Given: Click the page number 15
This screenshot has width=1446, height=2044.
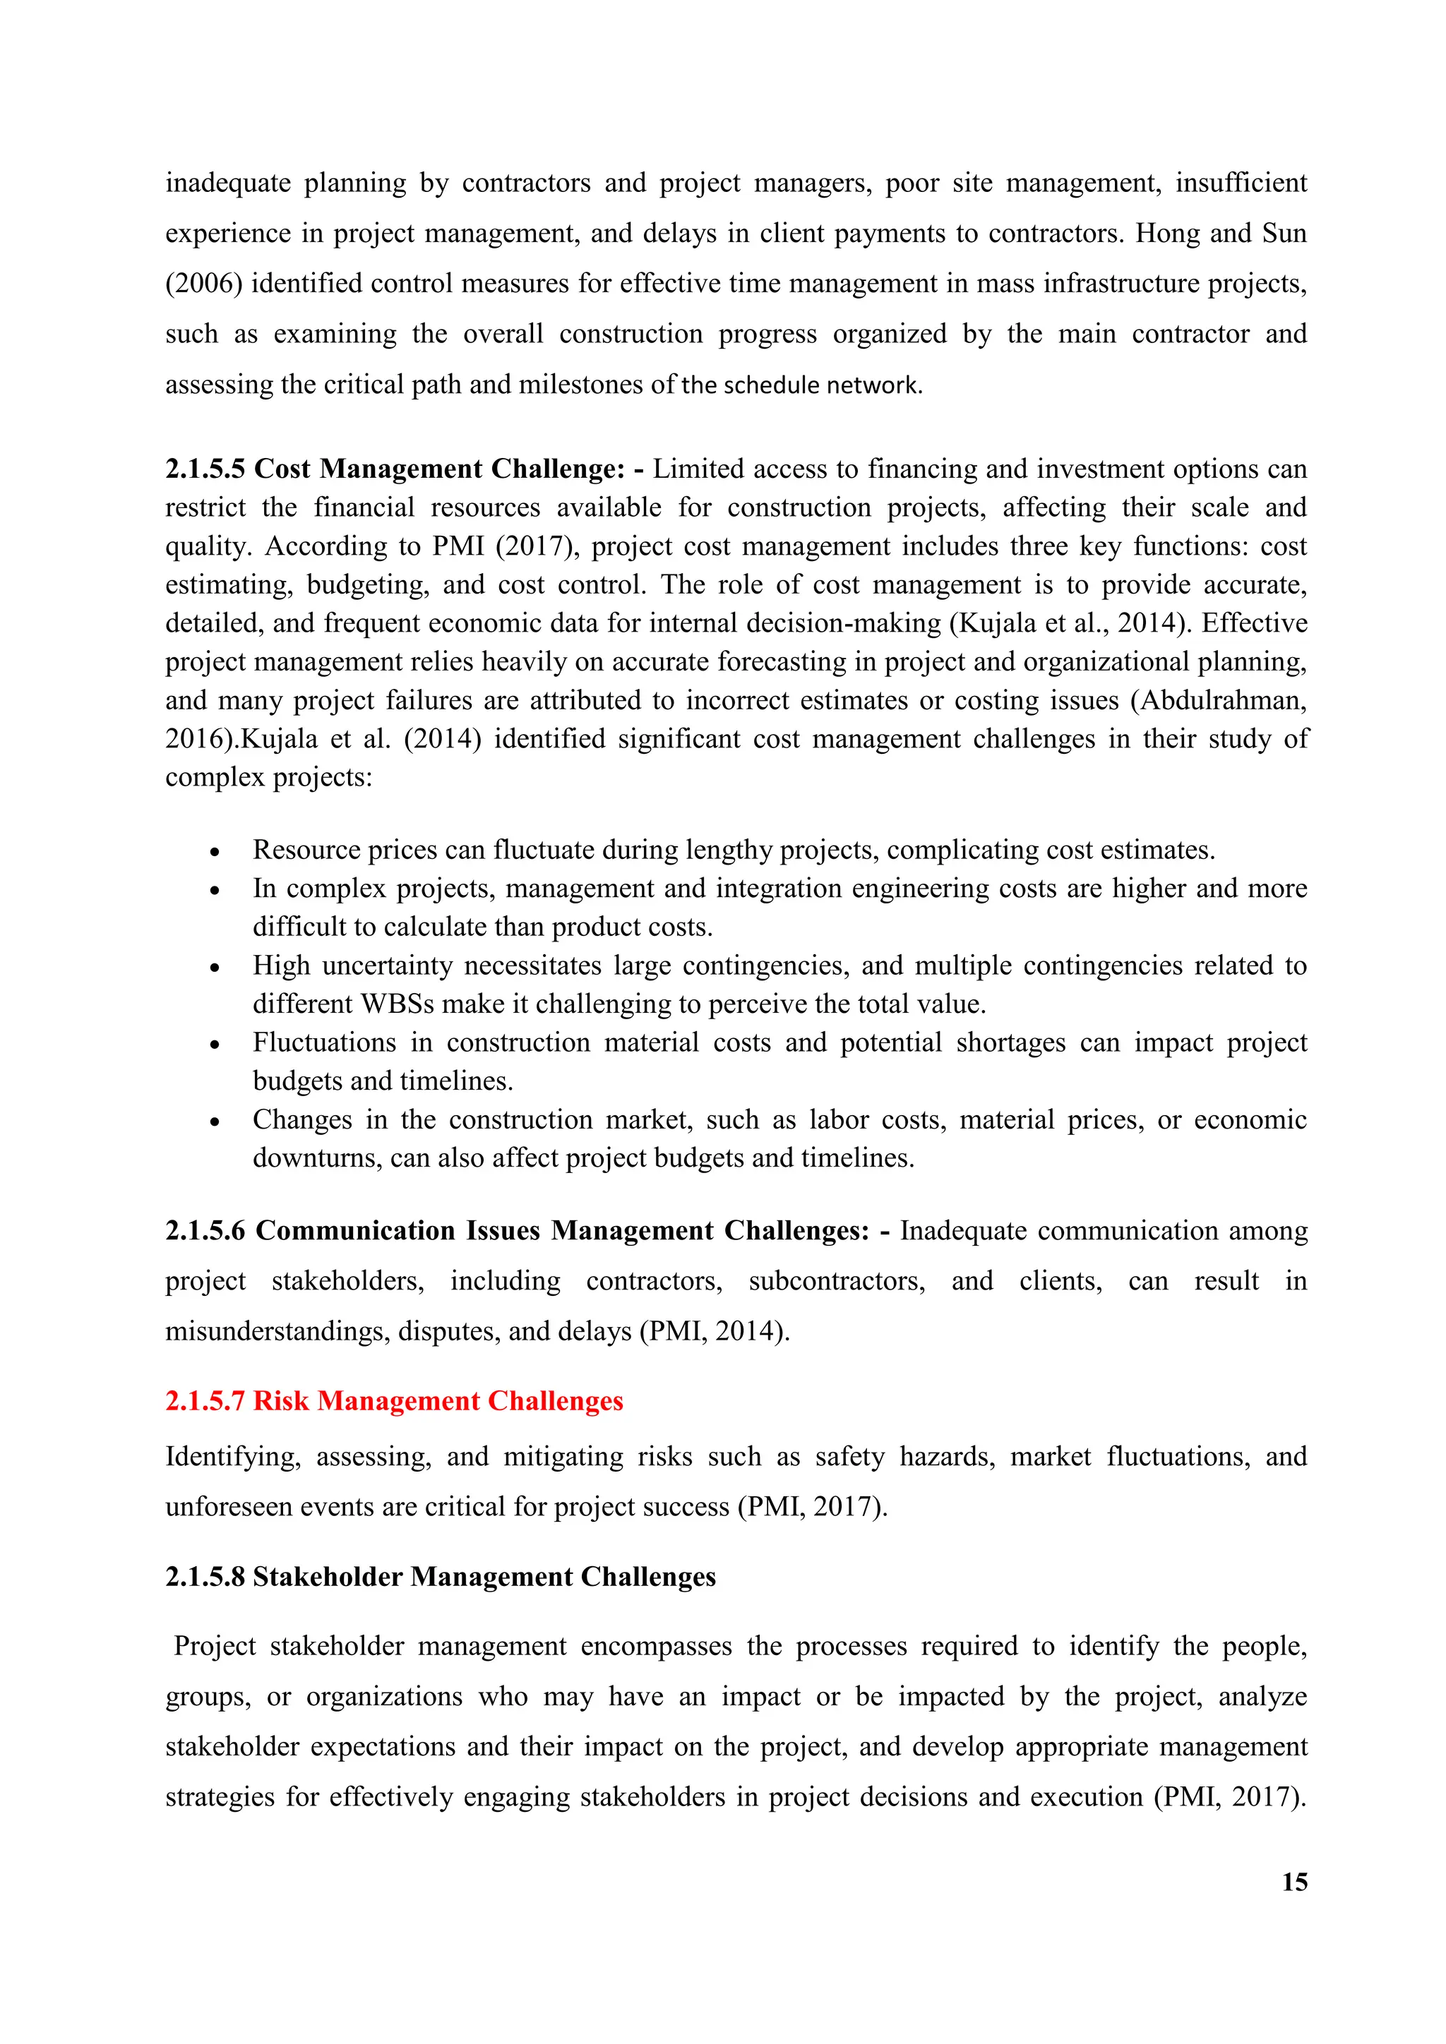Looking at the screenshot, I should pos(1293,1881).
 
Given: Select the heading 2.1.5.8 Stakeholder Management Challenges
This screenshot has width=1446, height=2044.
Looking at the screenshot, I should pos(440,1577).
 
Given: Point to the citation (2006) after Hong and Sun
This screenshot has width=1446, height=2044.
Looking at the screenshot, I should pos(204,284).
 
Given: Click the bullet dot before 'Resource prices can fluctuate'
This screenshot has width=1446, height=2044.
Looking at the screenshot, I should pos(215,852).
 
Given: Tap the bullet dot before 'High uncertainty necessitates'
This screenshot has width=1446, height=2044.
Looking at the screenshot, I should pos(215,968).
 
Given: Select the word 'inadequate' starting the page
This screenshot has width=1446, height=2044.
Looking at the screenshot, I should pos(228,184).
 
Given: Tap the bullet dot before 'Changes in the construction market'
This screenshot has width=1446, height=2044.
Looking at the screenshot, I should pos(215,1122).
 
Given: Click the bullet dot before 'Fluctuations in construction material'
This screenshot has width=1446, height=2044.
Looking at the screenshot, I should pos(215,1045).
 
